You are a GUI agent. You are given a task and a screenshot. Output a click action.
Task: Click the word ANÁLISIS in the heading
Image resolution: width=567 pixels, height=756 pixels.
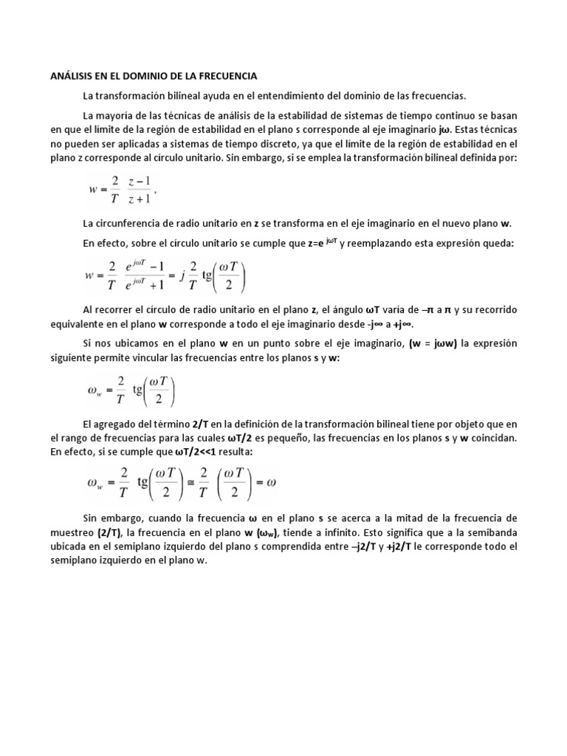pyautogui.click(x=71, y=75)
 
